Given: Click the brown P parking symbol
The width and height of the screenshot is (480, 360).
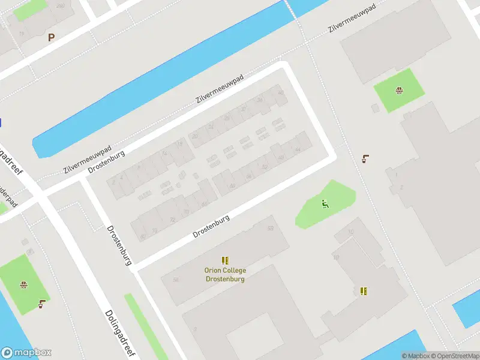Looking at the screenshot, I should (x=51, y=37).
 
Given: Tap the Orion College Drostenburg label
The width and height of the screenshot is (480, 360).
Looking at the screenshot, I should (x=225, y=274).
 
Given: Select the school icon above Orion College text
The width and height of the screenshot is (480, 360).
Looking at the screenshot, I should (x=225, y=260).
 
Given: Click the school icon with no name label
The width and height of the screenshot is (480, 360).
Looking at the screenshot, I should (x=363, y=291).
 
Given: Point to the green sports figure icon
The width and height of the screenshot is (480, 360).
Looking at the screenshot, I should (x=325, y=204).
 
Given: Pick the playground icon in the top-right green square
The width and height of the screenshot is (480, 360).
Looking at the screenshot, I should (x=399, y=91).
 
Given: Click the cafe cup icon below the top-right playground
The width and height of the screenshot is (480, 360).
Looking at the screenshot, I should (x=365, y=159).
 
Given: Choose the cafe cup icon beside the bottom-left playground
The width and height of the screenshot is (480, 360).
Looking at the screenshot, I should (x=41, y=304).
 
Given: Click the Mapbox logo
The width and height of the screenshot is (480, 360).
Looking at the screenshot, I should (x=26, y=353).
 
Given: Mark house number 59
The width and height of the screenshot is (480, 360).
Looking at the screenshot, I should (x=271, y=229).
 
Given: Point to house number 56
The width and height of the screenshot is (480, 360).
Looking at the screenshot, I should (x=176, y=280).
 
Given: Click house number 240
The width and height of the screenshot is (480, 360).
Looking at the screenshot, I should (x=60, y=5).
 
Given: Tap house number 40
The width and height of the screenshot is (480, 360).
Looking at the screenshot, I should (x=280, y=92).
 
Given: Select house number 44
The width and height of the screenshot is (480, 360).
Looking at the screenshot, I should (x=298, y=149).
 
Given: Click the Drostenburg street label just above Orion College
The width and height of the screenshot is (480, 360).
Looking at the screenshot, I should (x=212, y=227).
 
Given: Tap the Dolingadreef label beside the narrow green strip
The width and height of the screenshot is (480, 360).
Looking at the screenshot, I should (x=118, y=334).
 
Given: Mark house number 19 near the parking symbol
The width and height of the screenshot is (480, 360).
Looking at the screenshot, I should (x=22, y=34).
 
